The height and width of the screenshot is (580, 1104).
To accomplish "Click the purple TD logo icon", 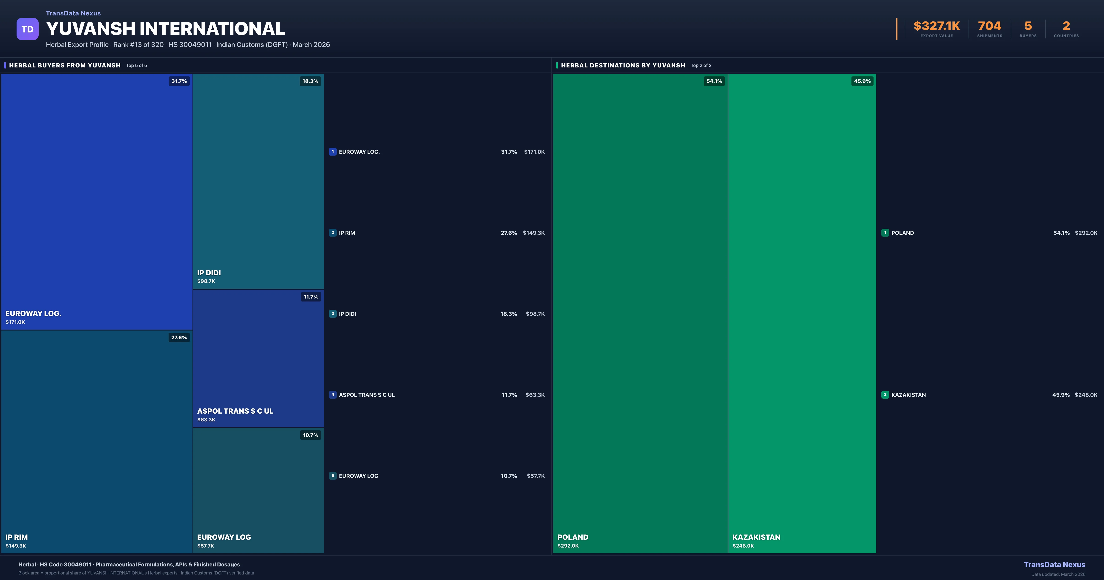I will pos(27,29).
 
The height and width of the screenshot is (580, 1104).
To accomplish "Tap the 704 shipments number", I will pos(989,26).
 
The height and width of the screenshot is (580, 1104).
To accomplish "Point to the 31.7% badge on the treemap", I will pos(179,81).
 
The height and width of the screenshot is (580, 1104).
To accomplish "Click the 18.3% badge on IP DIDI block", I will pos(310,81).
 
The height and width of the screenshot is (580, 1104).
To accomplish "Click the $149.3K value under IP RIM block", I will pos(16,546).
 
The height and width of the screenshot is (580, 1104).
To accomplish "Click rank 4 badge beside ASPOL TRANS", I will pos(333,395).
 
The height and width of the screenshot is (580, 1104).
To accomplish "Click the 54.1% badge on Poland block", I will pos(714,81).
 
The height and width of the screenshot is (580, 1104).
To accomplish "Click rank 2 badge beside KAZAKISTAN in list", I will pos(885,395).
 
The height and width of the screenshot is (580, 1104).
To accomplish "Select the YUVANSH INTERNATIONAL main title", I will pos(165,29).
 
